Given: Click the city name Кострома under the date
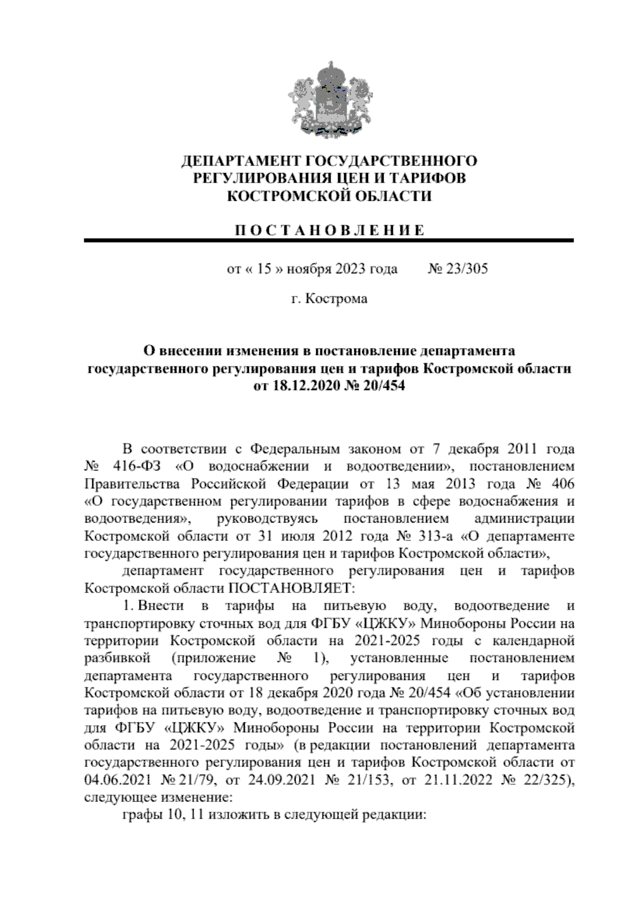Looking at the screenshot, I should point(336,299).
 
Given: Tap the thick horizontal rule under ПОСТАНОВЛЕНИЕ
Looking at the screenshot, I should point(329,241).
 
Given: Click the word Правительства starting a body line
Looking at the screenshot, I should point(132,483).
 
